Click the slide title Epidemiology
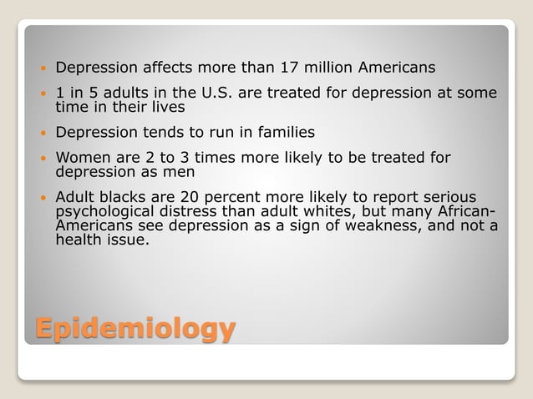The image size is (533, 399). pos(134,328)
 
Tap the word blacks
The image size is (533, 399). pos(125,197)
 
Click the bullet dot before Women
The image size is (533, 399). pos(43,159)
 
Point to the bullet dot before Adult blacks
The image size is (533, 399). pos(43,198)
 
